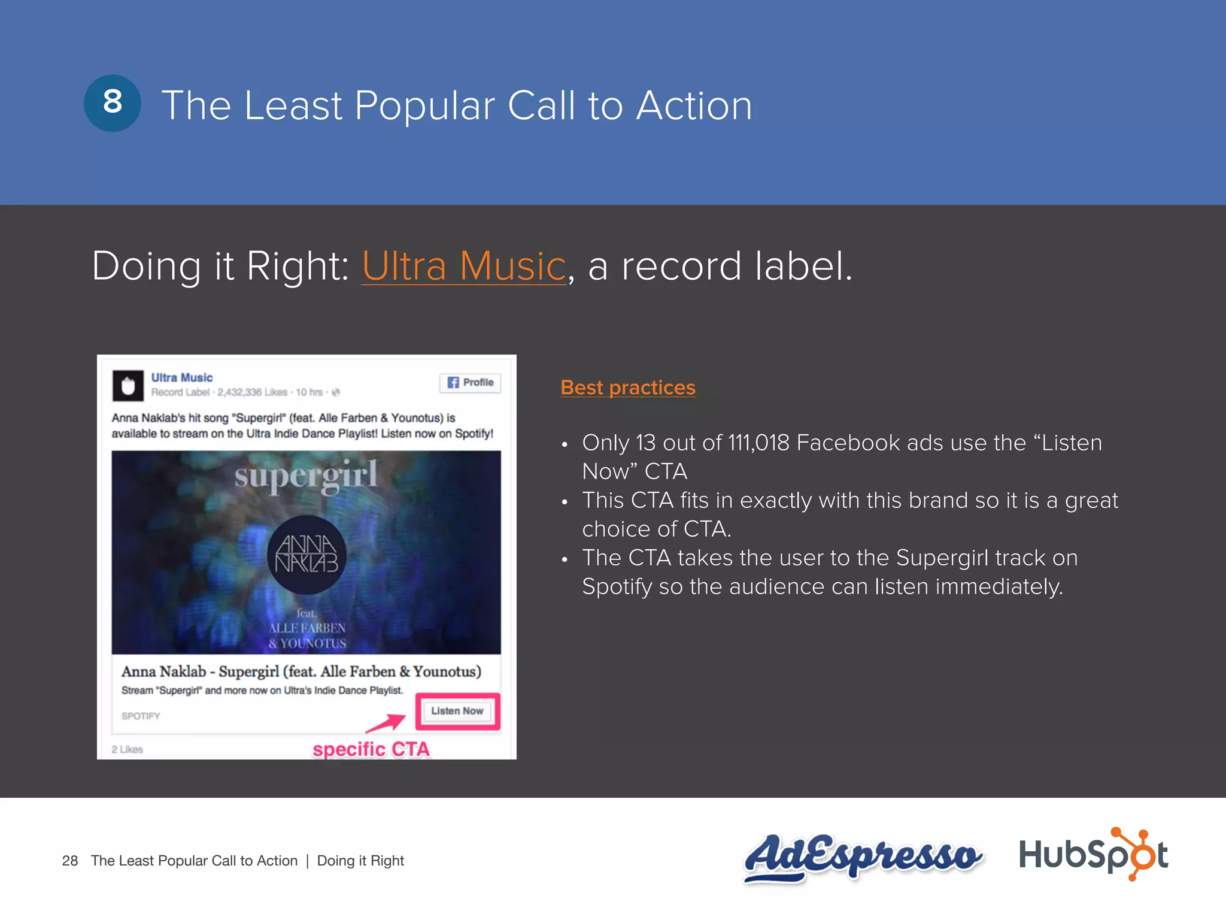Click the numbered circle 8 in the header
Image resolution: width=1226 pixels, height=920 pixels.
click(113, 103)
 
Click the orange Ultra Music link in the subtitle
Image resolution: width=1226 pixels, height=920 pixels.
click(464, 266)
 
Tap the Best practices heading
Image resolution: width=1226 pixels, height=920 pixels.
click(628, 388)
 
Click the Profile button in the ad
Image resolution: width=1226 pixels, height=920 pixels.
click(471, 383)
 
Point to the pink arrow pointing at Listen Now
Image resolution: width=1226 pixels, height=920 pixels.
click(387, 723)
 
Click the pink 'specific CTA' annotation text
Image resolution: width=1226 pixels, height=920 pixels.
click(371, 749)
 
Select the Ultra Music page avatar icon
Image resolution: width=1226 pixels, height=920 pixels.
click(128, 386)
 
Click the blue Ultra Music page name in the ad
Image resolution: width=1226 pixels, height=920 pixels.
click(182, 377)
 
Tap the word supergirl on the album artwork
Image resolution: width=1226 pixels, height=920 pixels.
click(306, 476)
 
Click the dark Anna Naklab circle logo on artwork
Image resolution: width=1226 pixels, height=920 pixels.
click(306, 554)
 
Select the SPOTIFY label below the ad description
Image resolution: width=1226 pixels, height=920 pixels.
click(141, 716)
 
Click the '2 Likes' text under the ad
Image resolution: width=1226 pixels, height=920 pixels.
click(128, 749)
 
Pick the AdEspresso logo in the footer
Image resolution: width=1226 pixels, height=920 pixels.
click(862, 857)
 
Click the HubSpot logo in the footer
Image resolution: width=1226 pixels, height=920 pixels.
click(1093, 854)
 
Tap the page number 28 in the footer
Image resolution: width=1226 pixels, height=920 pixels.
click(70, 861)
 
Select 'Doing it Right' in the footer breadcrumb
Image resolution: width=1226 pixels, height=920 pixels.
click(360, 861)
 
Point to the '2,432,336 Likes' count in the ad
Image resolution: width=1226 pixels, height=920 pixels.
click(252, 392)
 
